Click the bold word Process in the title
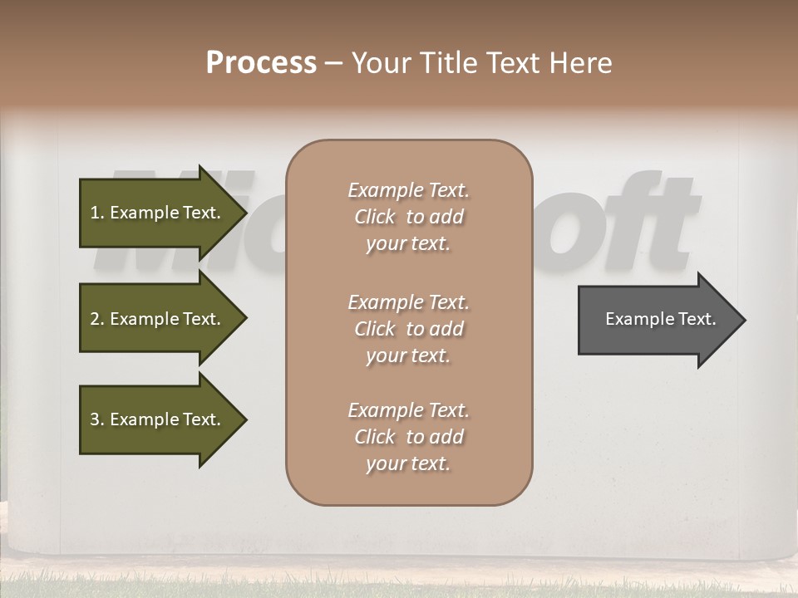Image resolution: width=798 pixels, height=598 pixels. [x=261, y=63]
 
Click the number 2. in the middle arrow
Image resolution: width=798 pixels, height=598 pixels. [x=96, y=319]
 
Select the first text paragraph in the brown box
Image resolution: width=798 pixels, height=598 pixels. [x=408, y=217]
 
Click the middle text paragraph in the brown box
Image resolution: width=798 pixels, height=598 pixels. [x=408, y=329]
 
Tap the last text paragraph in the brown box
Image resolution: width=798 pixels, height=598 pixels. [x=408, y=437]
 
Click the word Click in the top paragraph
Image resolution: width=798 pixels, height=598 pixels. [x=374, y=217]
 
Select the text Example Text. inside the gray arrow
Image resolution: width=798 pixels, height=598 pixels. [x=660, y=319]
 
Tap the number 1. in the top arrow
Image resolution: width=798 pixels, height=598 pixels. [x=96, y=213]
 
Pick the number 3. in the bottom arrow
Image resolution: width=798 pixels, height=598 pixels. [x=96, y=419]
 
